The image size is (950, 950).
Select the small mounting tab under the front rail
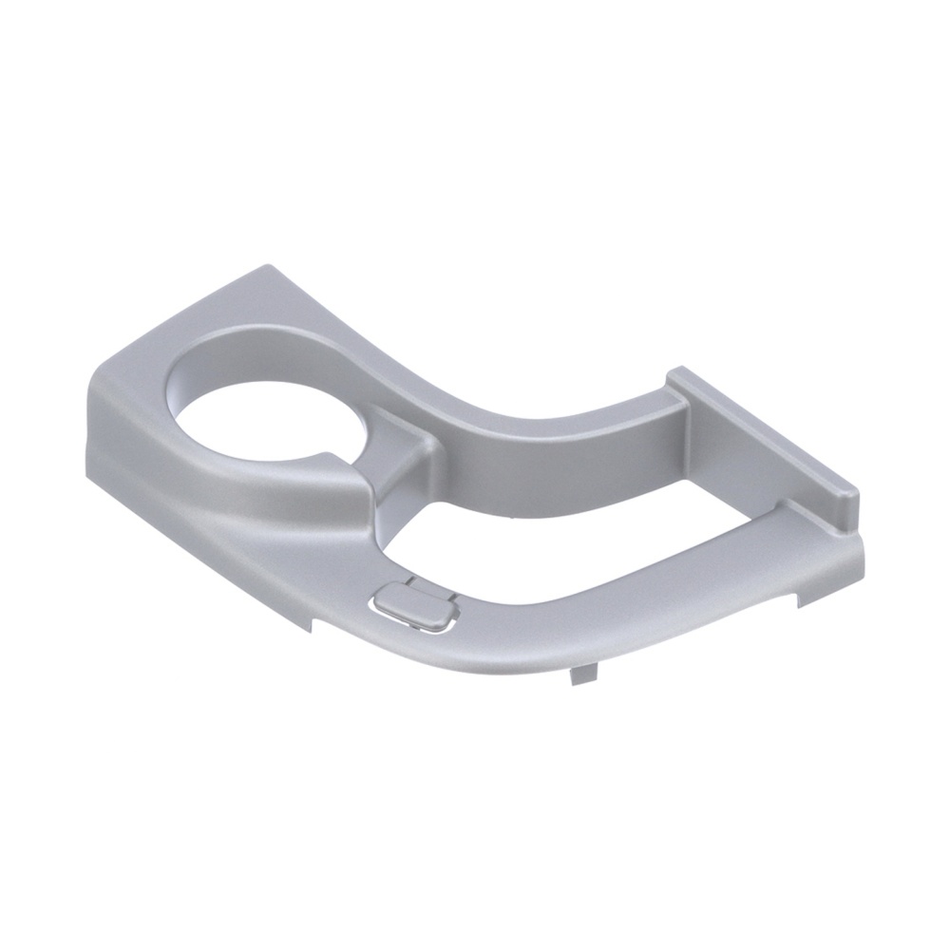[579, 674]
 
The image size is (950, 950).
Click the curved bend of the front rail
[532, 646]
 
